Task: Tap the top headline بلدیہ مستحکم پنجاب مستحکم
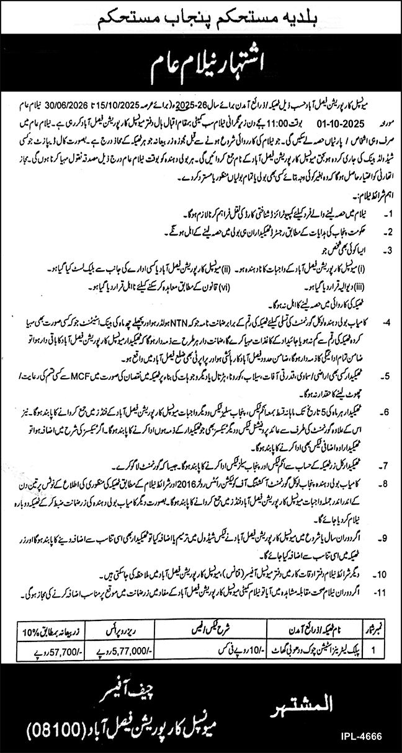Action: coord(201,19)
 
